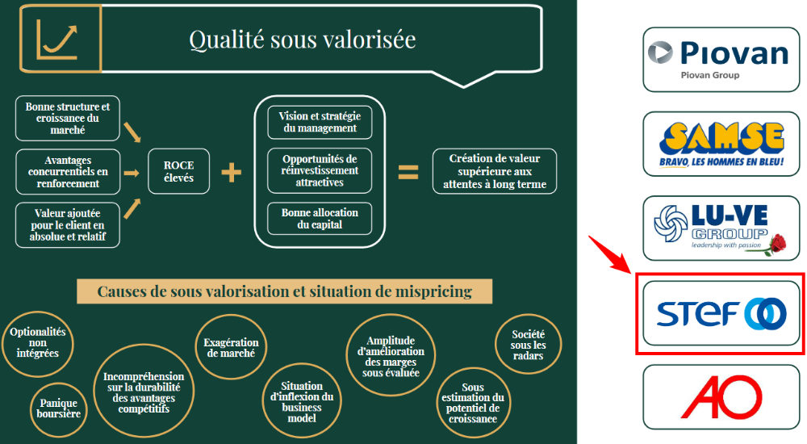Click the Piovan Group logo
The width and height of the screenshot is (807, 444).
click(x=721, y=60)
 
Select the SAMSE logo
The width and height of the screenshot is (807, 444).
click(x=721, y=145)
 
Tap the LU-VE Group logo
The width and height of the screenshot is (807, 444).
click(x=721, y=228)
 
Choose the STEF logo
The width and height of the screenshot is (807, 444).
click(x=721, y=313)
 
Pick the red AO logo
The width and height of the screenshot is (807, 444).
click(x=721, y=397)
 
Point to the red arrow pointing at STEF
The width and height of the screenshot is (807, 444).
click(x=609, y=254)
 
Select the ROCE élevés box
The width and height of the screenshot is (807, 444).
click(x=178, y=171)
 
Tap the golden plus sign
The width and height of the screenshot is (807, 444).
click(x=231, y=173)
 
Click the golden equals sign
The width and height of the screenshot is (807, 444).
click(x=408, y=172)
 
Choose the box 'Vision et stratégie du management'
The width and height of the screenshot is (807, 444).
click(x=320, y=122)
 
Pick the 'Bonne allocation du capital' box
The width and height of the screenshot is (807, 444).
click(x=320, y=219)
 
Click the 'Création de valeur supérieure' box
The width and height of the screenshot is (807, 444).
click(x=495, y=171)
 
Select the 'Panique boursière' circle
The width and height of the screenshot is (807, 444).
click(x=59, y=409)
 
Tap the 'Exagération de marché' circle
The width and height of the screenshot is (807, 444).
click(x=231, y=348)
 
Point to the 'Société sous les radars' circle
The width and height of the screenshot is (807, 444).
click(x=528, y=345)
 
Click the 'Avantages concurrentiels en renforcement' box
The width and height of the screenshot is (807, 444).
click(x=68, y=172)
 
